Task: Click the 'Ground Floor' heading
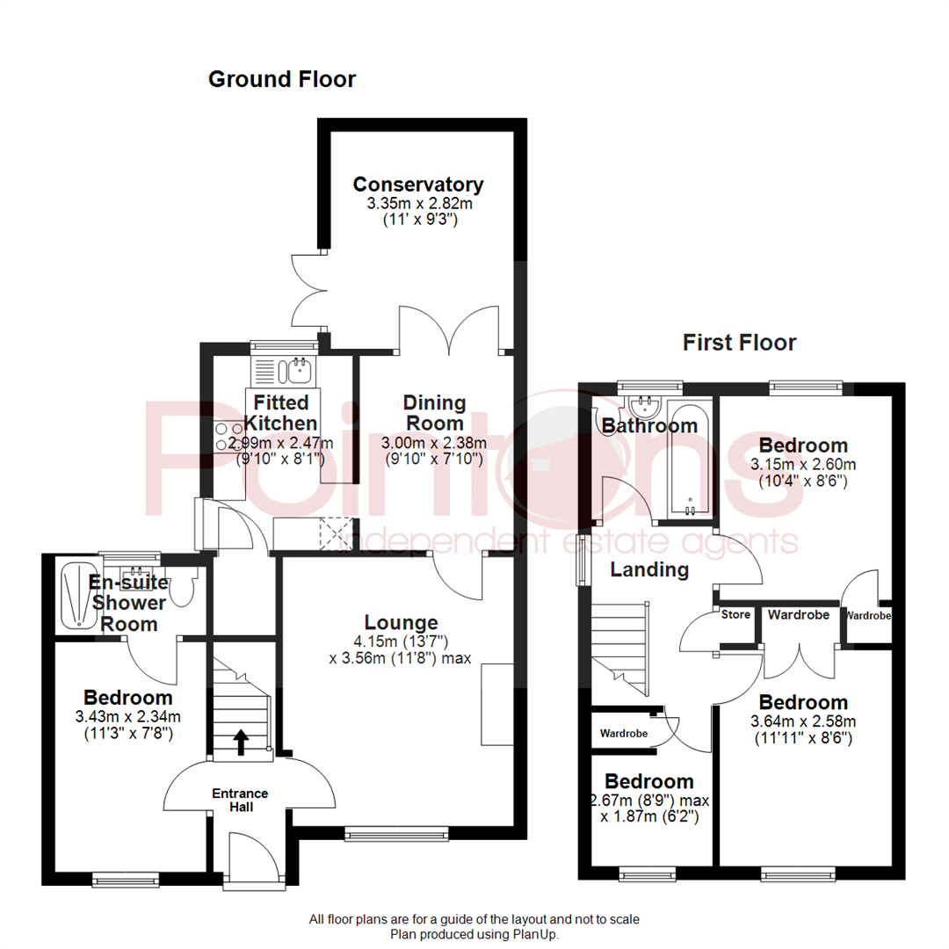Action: (281, 80)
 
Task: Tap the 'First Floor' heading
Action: (739, 343)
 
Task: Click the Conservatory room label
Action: (417, 185)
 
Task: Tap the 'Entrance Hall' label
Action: (240, 800)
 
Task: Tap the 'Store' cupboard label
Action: (735, 614)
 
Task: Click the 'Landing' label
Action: (649, 569)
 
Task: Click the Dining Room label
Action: (434, 412)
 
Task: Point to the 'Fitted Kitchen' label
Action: (280, 412)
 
